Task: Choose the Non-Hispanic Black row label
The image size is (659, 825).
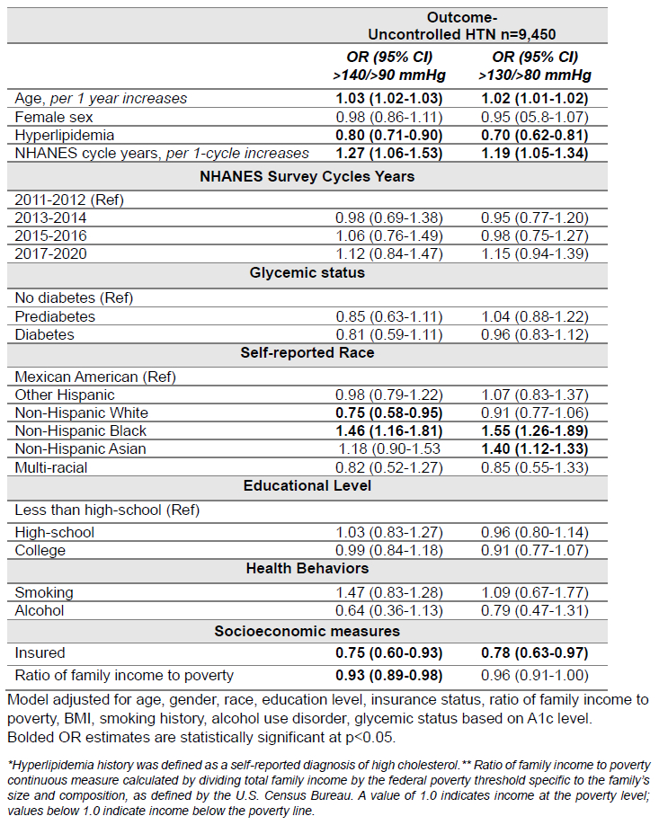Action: coord(80,430)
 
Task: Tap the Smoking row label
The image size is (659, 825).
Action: coord(44,592)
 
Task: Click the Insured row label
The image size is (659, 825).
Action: coord(40,652)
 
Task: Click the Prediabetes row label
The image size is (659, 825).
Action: coord(55,316)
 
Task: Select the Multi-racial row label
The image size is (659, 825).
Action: coord(53,466)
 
